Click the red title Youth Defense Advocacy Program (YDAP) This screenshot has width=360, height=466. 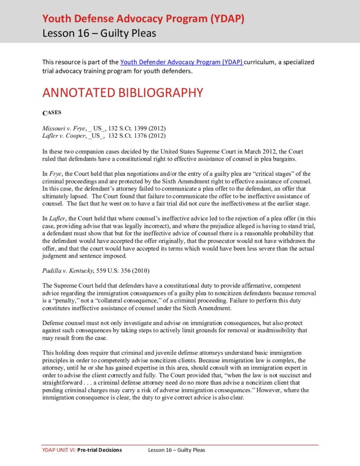point(143,19)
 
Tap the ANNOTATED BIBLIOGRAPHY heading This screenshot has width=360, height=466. point(122,92)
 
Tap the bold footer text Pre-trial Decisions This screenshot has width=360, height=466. point(100,450)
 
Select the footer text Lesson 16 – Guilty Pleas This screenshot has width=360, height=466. point(177,450)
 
